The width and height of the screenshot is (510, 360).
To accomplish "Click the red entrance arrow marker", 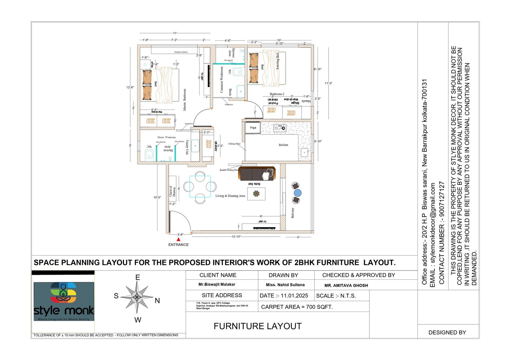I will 178,239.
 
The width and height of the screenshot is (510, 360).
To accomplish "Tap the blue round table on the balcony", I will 297,193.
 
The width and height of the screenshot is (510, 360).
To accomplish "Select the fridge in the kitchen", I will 253,128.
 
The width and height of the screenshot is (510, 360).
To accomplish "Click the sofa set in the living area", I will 257,174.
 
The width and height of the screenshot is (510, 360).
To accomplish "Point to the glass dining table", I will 200,186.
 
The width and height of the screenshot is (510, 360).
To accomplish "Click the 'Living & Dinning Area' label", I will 230,196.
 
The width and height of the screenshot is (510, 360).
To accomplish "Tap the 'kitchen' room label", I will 283,145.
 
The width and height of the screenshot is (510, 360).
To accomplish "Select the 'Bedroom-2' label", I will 277,94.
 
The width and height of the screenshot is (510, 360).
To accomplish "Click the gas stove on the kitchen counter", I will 280,128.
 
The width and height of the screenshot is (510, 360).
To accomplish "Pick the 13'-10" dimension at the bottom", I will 236,237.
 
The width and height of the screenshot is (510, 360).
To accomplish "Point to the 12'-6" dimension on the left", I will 130,87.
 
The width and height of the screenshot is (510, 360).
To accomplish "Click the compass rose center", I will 137,298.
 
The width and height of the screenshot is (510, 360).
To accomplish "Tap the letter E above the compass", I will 138,277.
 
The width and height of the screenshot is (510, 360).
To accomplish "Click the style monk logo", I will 64,301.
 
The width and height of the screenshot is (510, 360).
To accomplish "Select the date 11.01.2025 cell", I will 284,296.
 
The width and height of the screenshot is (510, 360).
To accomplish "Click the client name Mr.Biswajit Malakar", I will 217,284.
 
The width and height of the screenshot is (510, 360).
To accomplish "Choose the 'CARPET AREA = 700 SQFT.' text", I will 297,307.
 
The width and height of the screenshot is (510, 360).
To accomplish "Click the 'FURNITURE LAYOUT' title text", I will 258,326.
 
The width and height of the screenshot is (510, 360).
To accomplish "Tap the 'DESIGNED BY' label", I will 447,333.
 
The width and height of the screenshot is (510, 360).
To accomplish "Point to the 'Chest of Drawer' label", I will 172,191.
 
